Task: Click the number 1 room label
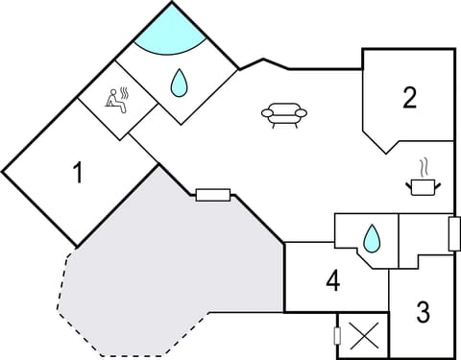tap(78, 174)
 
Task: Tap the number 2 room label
tap(410, 97)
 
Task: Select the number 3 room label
tap(423, 312)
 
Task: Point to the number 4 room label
tap(332, 281)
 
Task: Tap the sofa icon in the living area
tap(283, 115)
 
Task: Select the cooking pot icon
tap(422, 184)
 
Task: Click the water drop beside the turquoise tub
tap(179, 84)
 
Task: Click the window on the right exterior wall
tap(454, 233)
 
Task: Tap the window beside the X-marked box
tap(337, 336)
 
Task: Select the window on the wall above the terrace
tap(212, 196)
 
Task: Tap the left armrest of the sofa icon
tap(265, 114)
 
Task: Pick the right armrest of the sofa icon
tap(302, 114)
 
